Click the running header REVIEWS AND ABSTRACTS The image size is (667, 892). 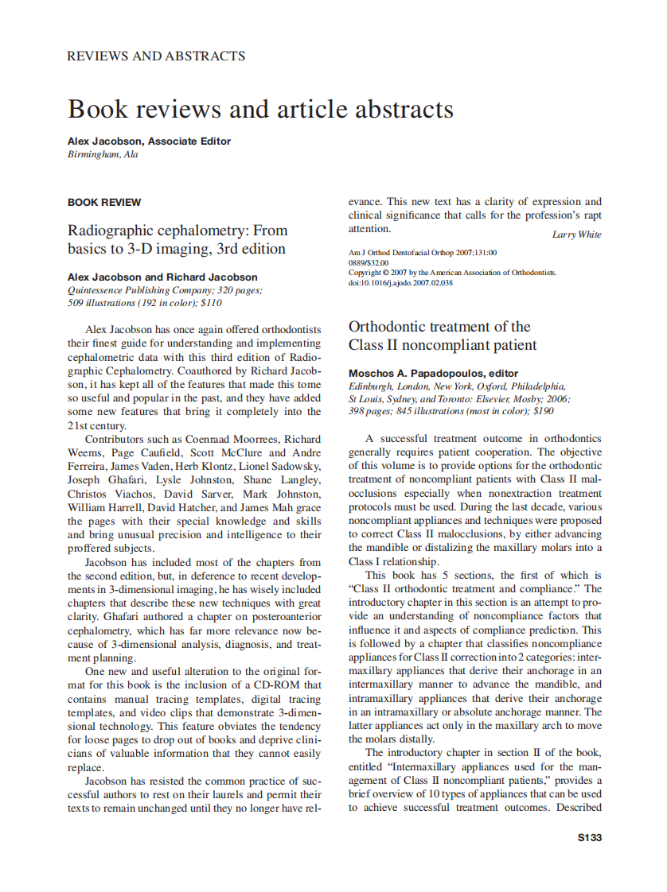pyautogui.click(x=156, y=56)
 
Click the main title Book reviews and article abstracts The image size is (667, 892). pyautogui.click(x=260, y=108)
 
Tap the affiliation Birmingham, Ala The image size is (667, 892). pyautogui.click(x=103, y=154)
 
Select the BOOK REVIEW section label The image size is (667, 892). pyautogui.click(x=104, y=203)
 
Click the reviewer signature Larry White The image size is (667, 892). pyautogui.click(x=576, y=235)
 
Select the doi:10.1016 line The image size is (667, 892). pyautogui.click(x=400, y=282)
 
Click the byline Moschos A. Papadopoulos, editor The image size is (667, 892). pyautogui.click(x=433, y=373)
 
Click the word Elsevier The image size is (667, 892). pyautogui.click(x=487, y=399)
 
